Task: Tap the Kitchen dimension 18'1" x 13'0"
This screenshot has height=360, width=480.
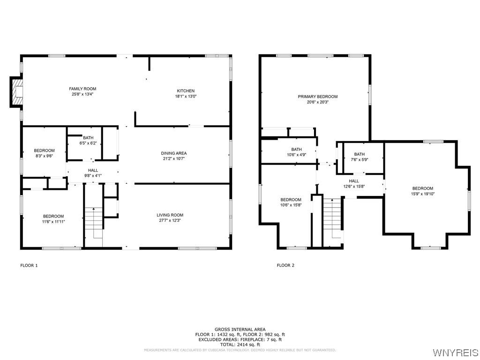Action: (x=186, y=97)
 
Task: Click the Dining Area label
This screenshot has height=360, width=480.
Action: (x=174, y=153)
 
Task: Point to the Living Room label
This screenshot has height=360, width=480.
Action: (x=170, y=215)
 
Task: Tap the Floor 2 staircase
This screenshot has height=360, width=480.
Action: (x=332, y=218)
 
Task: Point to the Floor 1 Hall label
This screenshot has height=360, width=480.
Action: (x=93, y=171)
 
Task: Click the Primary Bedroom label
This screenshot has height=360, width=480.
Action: (x=318, y=97)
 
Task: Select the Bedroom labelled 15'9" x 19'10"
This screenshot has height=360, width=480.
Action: (x=423, y=188)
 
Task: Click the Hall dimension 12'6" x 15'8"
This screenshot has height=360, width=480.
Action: (x=354, y=186)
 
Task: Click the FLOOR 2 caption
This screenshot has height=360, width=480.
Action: (x=285, y=266)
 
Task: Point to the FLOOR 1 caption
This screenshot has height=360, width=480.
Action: (x=29, y=266)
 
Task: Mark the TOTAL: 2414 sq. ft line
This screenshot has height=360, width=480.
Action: (x=240, y=345)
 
